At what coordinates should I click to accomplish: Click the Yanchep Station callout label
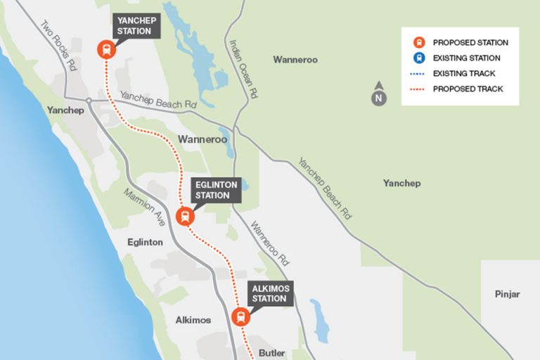(x=134, y=26)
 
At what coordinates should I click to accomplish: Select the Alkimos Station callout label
(x=270, y=294)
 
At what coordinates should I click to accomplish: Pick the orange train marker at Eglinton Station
(x=185, y=216)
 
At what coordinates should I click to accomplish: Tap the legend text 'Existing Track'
(x=464, y=73)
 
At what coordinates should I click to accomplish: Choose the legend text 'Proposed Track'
(x=468, y=89)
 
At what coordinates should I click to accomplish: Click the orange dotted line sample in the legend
(x=418, y=89)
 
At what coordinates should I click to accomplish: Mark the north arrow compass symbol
(x=379, y=95)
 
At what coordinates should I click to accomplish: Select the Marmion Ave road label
(x=145, y=207)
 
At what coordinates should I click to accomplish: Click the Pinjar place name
(x=506, y=295)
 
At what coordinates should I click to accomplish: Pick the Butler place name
(x=271, y=353)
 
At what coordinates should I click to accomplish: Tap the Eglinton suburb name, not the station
(x=146, y=242)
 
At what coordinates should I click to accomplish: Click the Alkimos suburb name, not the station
(x=193, y=320)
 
